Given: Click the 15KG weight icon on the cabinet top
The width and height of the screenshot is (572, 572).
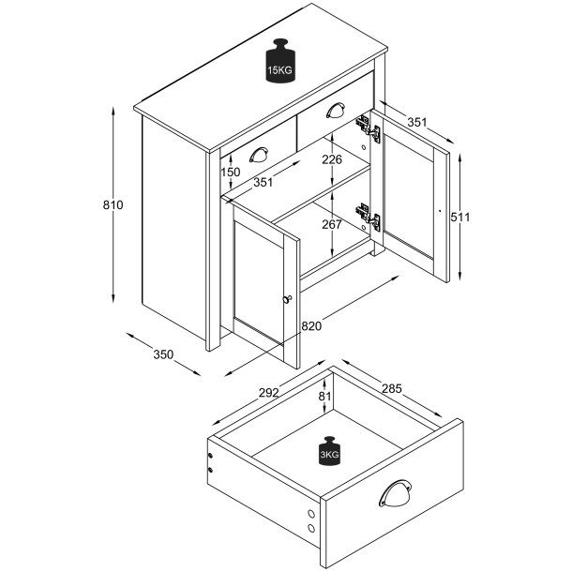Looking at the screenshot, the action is [x=279, y=61].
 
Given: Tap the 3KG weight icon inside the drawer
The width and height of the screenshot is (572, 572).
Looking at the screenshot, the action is [x=329, y=451].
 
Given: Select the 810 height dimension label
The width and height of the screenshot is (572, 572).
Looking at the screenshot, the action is [x=113, y=205].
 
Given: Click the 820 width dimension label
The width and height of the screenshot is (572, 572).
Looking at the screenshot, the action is [x=311, y=325].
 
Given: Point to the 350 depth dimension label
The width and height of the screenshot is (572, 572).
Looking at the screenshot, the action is [x=163, y=354].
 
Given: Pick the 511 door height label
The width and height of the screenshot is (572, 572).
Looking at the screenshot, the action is [x=460, y=217].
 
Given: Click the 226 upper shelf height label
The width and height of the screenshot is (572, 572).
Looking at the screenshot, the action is [x=332, y=159].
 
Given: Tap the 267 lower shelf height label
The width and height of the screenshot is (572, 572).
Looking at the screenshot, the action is [x=332, y=224].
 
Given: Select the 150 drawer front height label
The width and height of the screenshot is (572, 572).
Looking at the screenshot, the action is [x=231, y=172].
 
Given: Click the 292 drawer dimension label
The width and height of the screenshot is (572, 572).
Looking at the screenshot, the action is [x=269, y=393].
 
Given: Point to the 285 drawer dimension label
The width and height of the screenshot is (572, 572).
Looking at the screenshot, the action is [x=392, y=388].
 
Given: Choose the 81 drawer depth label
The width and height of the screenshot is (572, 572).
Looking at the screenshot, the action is [x=324, y=396].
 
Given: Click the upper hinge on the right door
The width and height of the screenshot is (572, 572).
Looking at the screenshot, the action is [x=369, y=128].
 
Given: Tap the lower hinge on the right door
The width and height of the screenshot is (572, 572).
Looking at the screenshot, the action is [x=369, y=218].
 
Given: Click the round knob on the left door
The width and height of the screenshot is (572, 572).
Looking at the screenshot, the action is [x=288, y=299].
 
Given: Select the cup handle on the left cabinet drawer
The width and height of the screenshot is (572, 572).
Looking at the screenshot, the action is [x=259, y=155].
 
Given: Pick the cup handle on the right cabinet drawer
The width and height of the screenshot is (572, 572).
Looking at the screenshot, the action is [x=336, y=110].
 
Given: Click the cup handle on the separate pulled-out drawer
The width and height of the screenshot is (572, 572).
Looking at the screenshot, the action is [x=395, y=493].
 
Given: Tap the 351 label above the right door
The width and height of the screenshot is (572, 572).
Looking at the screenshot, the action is [x=417, y=122].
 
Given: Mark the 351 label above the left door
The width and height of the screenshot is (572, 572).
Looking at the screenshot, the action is [x=263, y=182].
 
